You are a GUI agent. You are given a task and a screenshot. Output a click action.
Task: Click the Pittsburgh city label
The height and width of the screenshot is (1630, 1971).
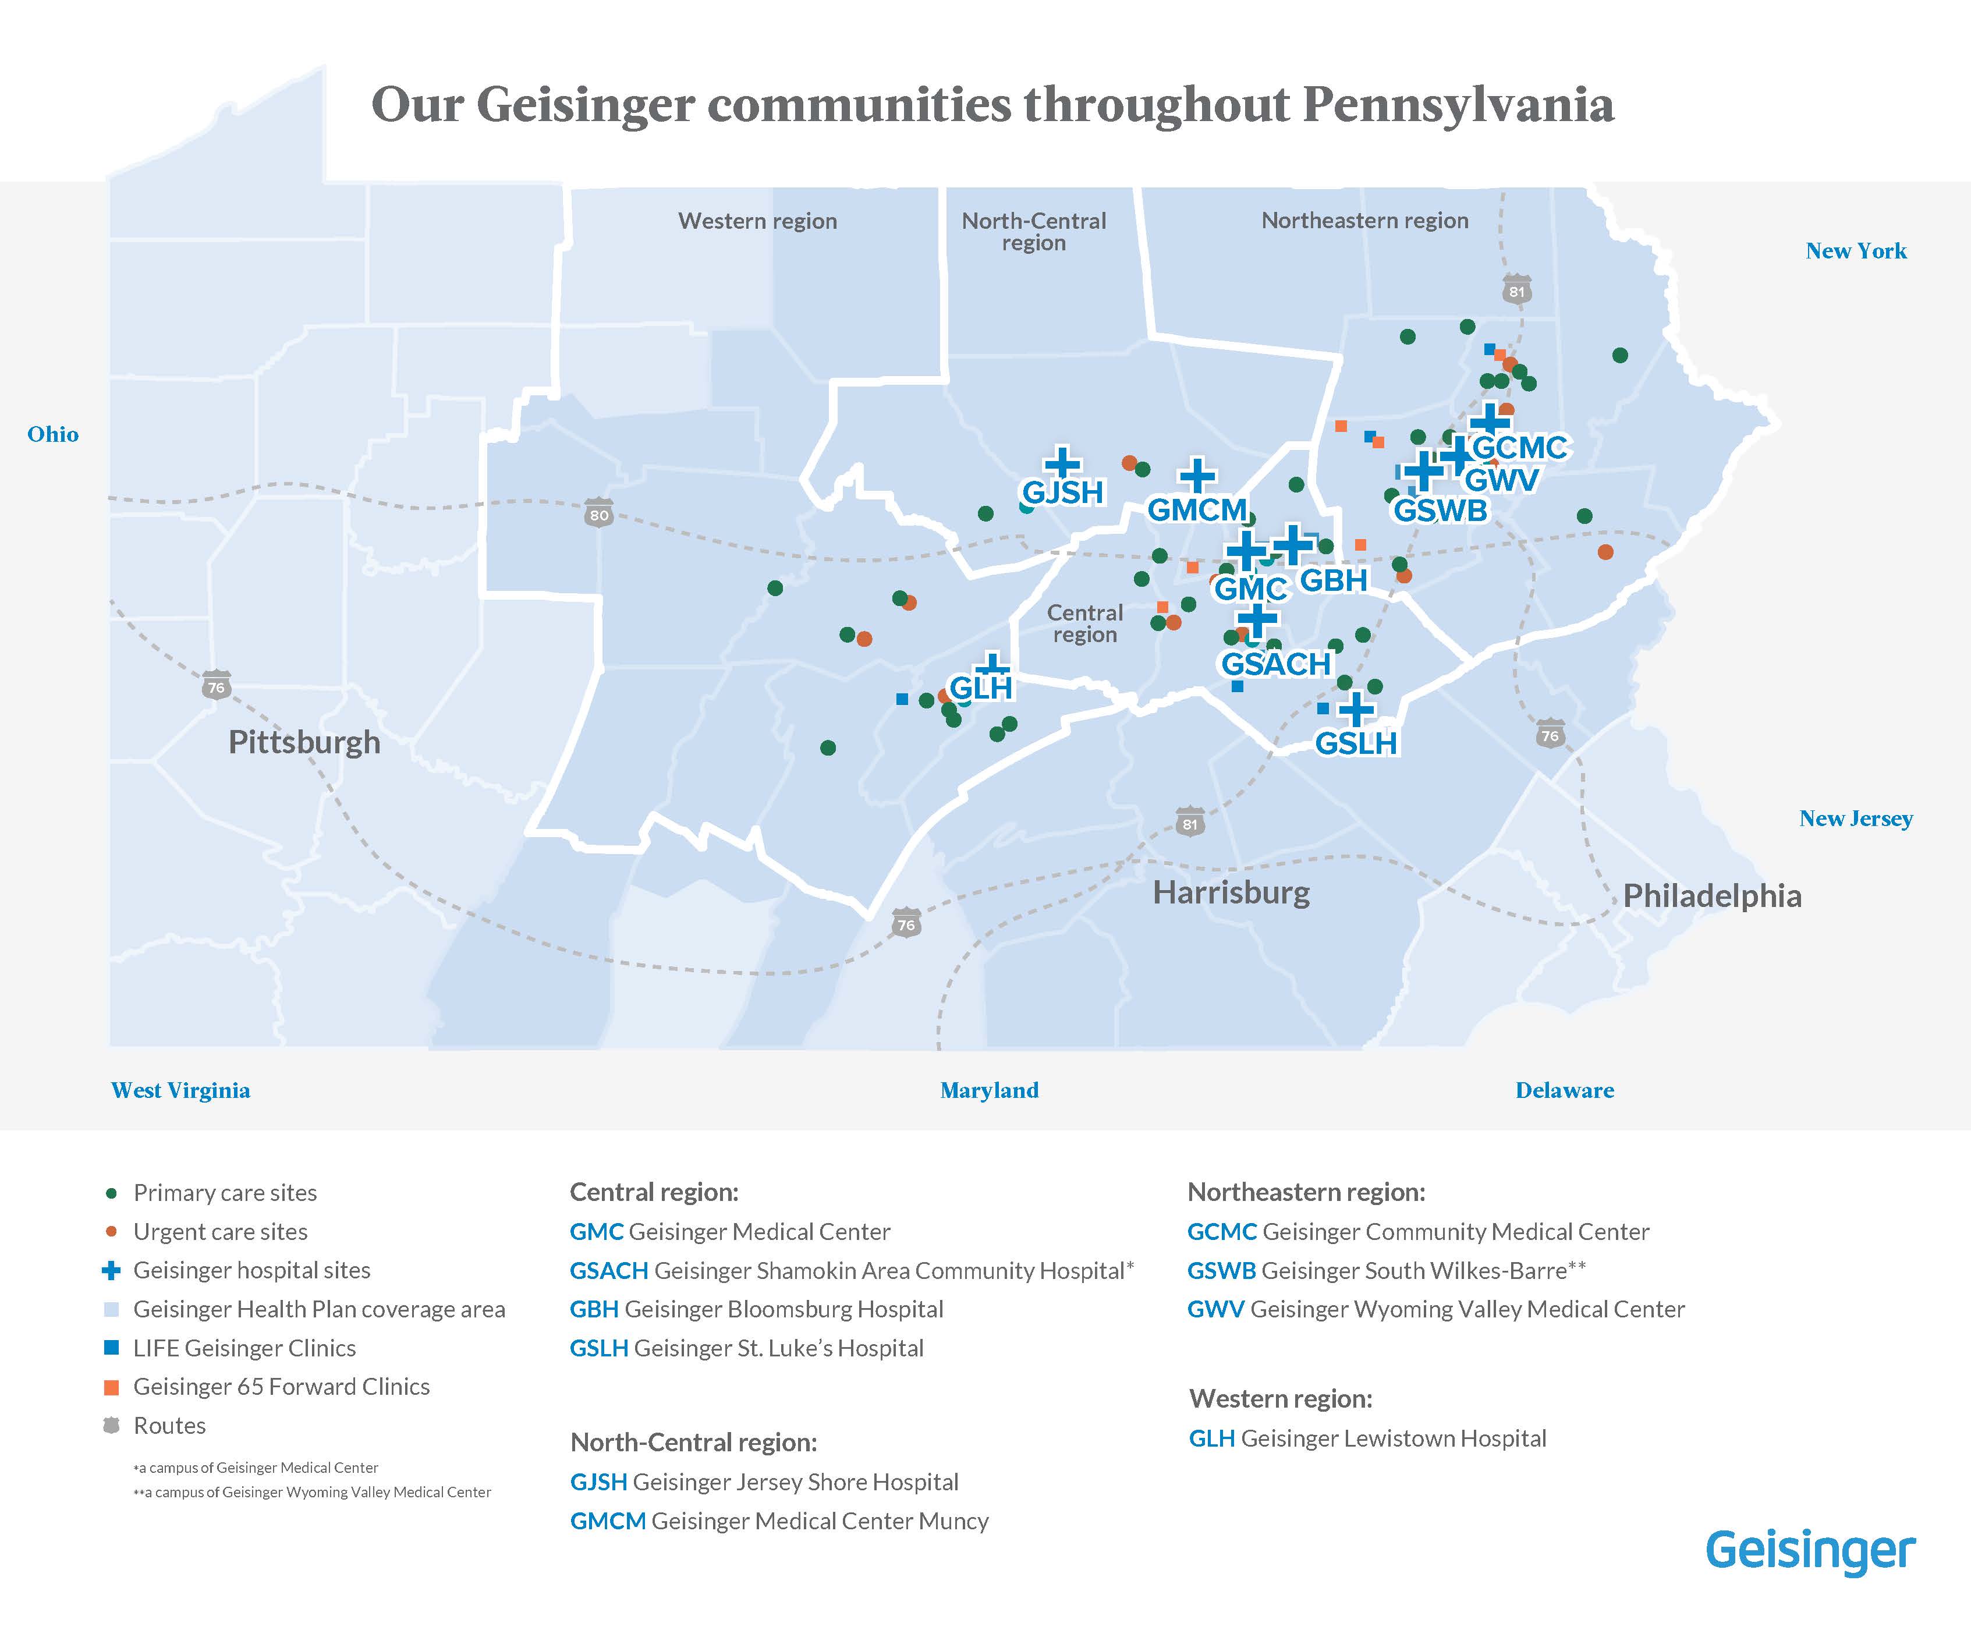tap(304, 742)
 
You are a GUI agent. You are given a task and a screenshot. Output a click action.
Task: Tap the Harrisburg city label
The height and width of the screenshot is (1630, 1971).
tap(1231, 892)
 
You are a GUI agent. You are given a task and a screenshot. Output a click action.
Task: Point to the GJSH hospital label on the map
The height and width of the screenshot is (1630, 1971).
tap(1062, 492)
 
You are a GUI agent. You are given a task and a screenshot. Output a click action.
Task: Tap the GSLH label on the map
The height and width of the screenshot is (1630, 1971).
tap(1355, 743)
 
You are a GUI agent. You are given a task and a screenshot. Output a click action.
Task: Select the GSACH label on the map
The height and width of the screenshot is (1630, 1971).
tap(1275, 664)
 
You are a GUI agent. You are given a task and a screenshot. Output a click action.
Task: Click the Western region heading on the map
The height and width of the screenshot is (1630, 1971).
tap(757, 221)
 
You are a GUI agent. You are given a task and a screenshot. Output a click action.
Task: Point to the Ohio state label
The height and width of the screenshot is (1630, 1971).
tap(52, 434)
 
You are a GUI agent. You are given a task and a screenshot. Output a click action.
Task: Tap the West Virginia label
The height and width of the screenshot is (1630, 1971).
tap(180, 1090)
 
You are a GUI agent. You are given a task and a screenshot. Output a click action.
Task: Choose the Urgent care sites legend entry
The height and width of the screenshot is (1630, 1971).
tap(219, 1231)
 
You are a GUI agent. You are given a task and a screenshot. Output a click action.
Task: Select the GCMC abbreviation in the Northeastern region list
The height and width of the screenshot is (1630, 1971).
tap(1221, 1231)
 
